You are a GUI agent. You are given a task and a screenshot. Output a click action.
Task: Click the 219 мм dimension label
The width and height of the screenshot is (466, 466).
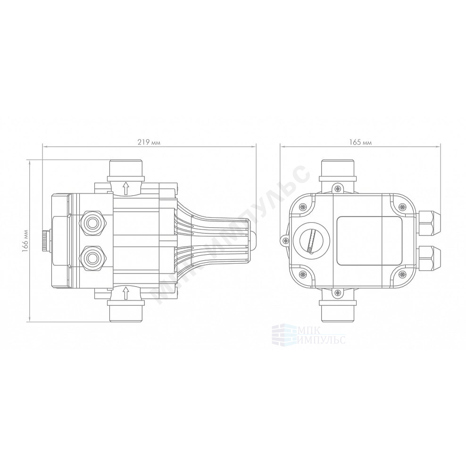tap(149, 142)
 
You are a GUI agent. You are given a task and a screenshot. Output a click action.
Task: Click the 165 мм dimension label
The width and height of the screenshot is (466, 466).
tap(360, 142)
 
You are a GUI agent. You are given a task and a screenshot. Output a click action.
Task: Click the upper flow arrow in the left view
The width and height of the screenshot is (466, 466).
tap(126, 188)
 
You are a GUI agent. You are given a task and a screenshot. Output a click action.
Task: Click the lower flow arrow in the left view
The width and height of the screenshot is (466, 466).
tap(126, 293)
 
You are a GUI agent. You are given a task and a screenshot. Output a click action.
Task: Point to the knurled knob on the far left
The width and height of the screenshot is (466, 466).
tap(46, 241)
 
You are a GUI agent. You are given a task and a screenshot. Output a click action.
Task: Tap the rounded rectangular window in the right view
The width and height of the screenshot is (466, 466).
tap(369, 241)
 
